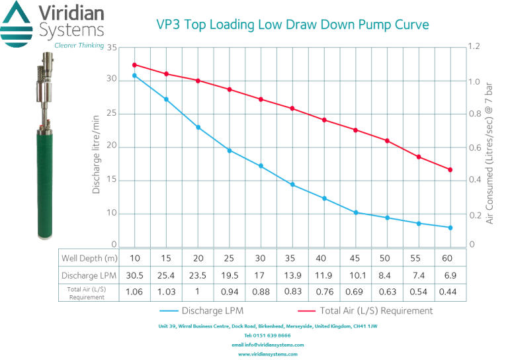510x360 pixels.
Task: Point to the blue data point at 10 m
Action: tap(134, 75)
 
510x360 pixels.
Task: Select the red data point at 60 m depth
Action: tap(450, 170)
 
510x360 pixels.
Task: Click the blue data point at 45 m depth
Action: tap(356, 212)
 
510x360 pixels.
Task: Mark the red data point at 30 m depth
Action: tap(261, 99)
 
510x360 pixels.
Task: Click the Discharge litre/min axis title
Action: tap(97, 154)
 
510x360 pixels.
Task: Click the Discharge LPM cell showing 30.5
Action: tap(134, 275)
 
